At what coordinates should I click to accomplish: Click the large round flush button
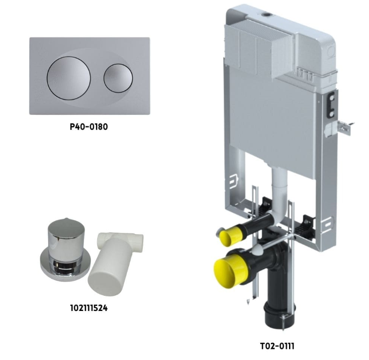(x=69, y=78)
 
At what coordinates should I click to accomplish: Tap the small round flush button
(x=118, y=78)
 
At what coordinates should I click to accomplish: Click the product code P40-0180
(x=89, y=127)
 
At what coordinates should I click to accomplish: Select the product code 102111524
(x=89, y=308)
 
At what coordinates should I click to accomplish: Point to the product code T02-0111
(x=277, y=346)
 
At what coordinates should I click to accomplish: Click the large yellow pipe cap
(x=229, y=273)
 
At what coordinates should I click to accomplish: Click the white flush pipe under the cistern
(x=279, y=193)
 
